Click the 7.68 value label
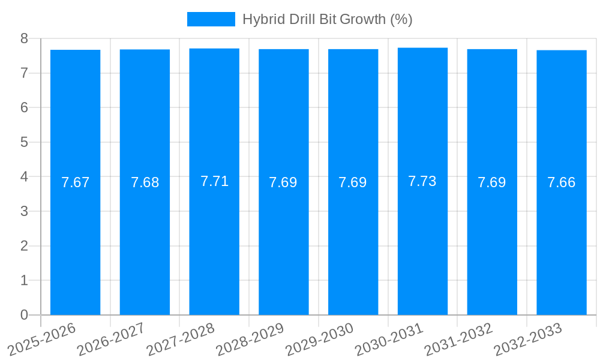coord(145,182)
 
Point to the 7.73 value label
coord(422,181)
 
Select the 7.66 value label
coord(562,182)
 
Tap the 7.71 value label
coord(214,181)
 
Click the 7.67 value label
coord(75,182)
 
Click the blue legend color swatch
coord(211,19)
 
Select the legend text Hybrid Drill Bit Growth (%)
coord(327,19)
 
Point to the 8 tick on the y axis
coord(24,38)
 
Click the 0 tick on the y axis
coord(24,315)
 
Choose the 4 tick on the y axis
coord(24,177)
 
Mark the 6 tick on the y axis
coord(24,107)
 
